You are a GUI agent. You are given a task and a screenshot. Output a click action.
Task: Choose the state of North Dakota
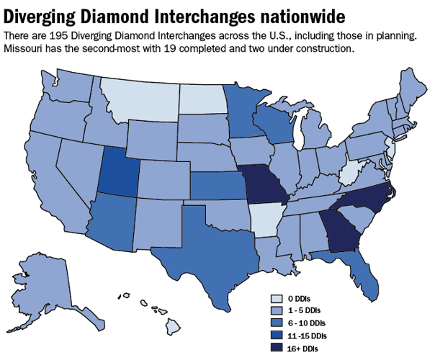[203, 97]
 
